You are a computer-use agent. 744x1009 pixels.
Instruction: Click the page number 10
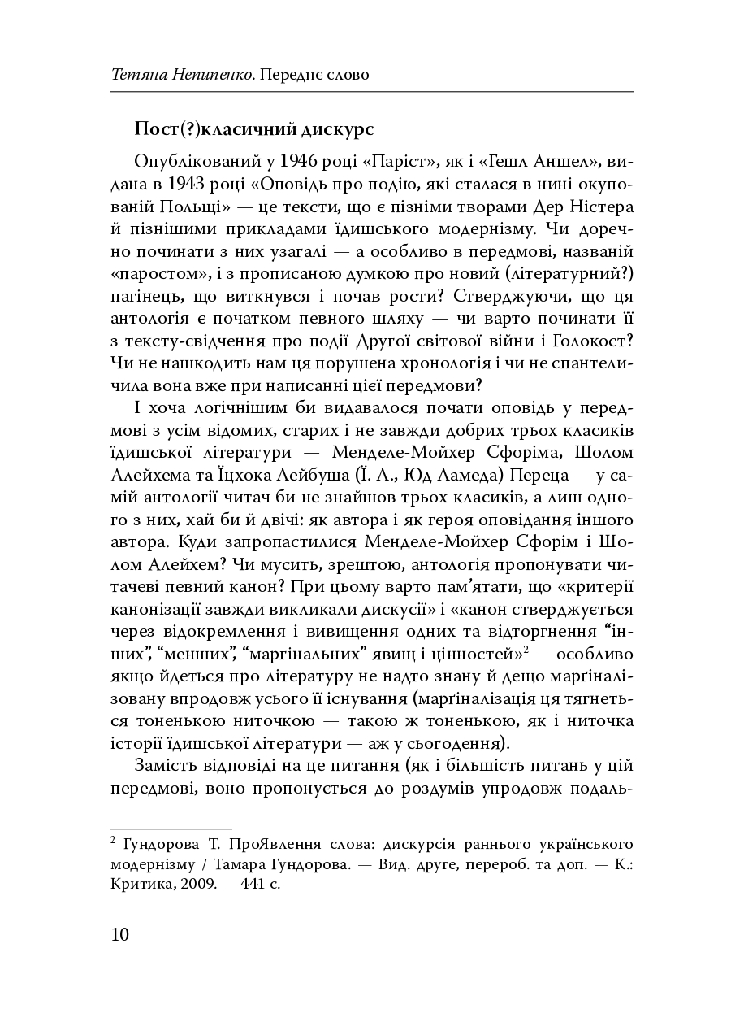tap(119, 933)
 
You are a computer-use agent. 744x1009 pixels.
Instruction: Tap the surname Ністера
tap(602, 204)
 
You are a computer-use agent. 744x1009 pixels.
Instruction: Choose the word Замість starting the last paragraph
tap(167, 766)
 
